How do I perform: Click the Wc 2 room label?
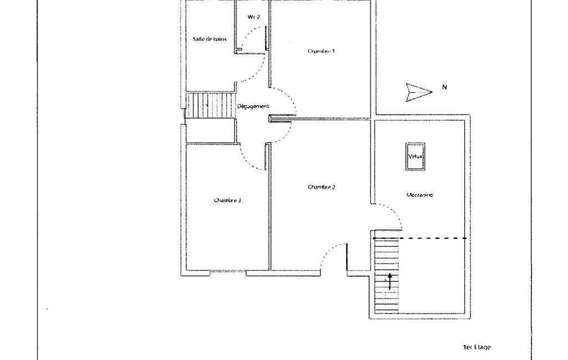pyautogui.click(x=254, y=17)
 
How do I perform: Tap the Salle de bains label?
pyautogui.click(x=209, y=39)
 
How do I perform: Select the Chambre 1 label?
pyautogui.click(x=321, y=51)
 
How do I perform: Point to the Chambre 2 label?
pyautogui.click(x=321, y=187)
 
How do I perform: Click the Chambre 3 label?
pyautogui.click(x=228, y=200)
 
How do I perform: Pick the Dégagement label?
pyautogui.click(x=253, y=106)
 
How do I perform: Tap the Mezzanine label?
pyautogui.click(x=419, y=195)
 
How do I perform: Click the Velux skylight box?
pyautogui.click(x=415, y=156)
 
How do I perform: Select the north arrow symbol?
pyautogui.click(x=419, y=92)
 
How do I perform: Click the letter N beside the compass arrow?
pyautogui.click(x=444, y=87)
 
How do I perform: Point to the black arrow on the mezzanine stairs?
pyautogui.click(x=390, y=281)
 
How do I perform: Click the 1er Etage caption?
pyautogui.click(x=477, y=347)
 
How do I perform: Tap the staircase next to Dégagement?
pyautogui.click(x=209, y=105)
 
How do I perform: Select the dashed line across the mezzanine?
pyautogui.click(x=420, y=238)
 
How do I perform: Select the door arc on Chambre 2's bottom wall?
pyautogui.click(x=329, y=253)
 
